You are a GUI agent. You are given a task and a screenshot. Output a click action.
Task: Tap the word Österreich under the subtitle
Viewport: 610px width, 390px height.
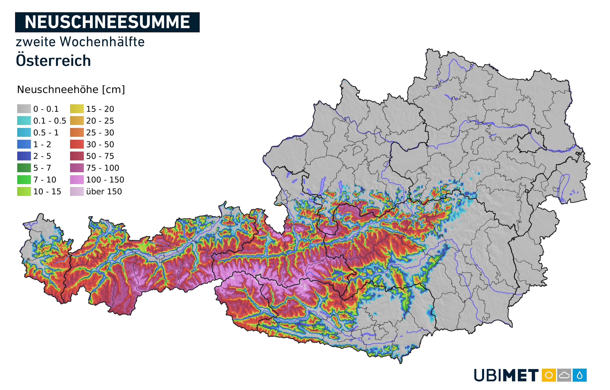[x=53, y=61]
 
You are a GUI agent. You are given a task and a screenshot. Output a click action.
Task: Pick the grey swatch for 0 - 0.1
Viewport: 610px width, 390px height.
[x=24, y=109]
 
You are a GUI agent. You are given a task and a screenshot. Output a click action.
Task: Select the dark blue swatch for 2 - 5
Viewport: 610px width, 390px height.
[x=24, y=156]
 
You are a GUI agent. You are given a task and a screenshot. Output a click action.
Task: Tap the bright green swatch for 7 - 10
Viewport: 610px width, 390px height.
[x=24, y=180]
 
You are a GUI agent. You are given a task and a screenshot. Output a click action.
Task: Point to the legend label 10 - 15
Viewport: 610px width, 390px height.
[x=47, y=192]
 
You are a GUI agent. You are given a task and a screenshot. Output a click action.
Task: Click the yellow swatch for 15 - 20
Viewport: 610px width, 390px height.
[x=77, y=109]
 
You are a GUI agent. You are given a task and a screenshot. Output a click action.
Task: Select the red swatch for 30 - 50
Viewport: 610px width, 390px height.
[x=77, y=144]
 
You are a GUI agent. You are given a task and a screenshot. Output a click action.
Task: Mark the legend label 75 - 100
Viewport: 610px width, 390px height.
[x=103, y=168]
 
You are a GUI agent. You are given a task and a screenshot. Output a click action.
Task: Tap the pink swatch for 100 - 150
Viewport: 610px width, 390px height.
[x=77, y=180]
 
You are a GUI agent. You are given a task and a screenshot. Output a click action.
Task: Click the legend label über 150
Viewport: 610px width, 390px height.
[x=104, y=192]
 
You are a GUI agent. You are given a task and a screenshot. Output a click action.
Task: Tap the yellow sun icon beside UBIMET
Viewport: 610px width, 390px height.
[x=549, y=375]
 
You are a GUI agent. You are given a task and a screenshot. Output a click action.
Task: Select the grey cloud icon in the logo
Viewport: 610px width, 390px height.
[x=564, y=375]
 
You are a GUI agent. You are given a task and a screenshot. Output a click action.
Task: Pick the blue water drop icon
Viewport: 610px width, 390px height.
[x=580, y=375]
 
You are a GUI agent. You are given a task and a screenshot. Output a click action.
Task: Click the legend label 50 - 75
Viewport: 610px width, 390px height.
[x=100, y=156]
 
